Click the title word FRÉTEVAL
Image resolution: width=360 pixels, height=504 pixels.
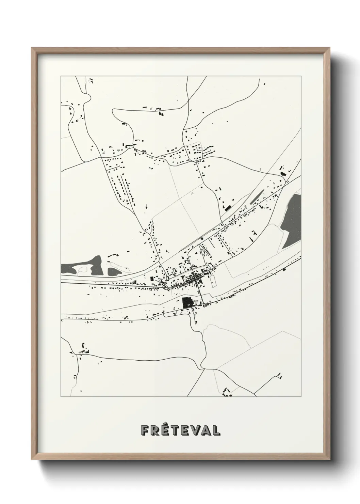[181, 430]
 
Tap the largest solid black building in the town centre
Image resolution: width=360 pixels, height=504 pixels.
[187, 302]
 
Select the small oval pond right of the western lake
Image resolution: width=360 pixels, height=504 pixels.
[113, 271]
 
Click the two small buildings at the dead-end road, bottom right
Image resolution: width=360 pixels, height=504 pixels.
[280, 375]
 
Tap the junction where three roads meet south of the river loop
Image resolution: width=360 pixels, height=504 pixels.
[203, 368]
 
